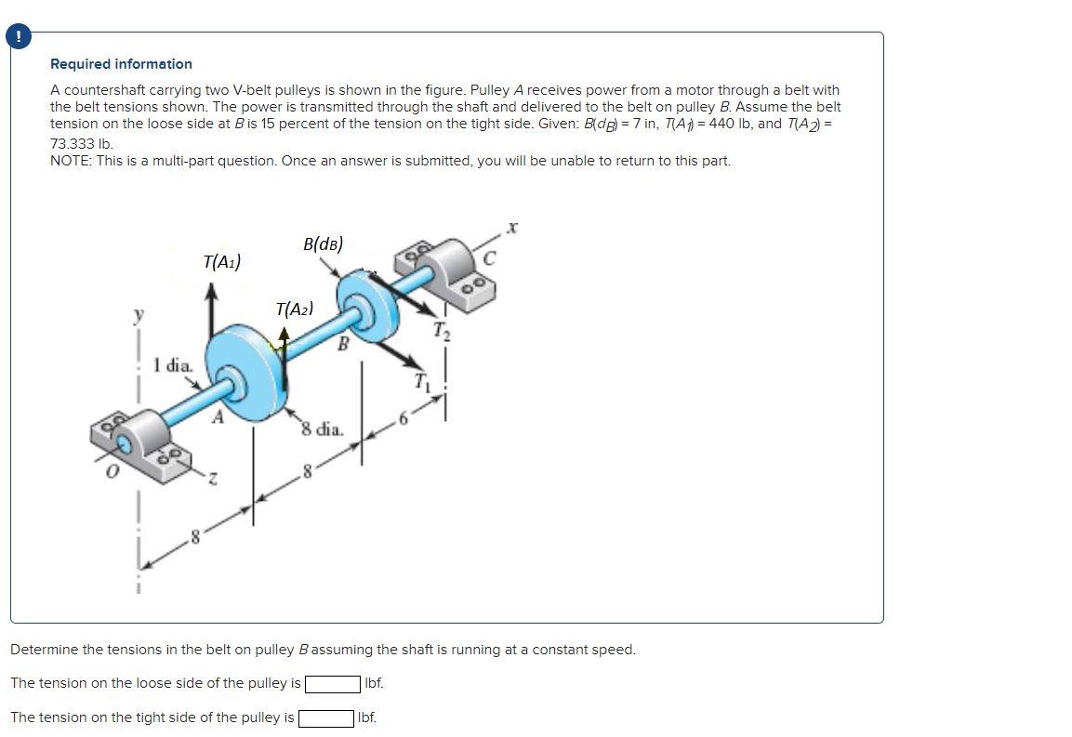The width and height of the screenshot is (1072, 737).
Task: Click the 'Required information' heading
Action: (121, 64)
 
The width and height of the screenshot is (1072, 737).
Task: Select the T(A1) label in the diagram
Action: (221, 262)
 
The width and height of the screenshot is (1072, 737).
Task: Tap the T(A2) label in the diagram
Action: (294, 309)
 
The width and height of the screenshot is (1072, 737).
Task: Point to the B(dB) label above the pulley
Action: (323, 244)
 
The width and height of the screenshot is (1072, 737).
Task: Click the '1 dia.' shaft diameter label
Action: (174, 364)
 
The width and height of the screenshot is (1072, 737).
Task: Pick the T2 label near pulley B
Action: (443, 331)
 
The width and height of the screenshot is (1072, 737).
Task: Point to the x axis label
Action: (512, 226)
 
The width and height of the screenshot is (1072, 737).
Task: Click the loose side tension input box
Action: (333, 684)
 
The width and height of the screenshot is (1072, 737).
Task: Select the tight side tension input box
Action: (325, 718)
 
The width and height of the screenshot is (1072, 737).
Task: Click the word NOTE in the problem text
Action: (70, 161)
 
